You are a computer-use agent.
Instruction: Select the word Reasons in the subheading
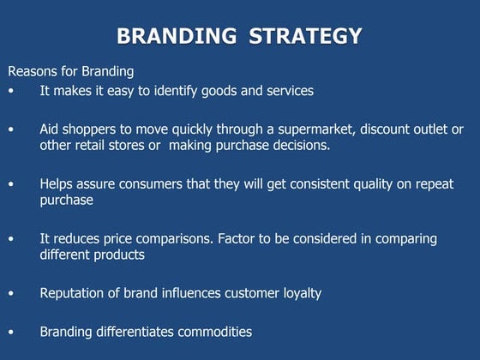[x=33, y=71]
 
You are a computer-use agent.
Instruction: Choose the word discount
[x=386, y=129]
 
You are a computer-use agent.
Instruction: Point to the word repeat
[x=434, y=184]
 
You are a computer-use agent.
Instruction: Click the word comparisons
[x=165, y=238]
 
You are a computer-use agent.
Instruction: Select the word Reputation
[x=75, y=293]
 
